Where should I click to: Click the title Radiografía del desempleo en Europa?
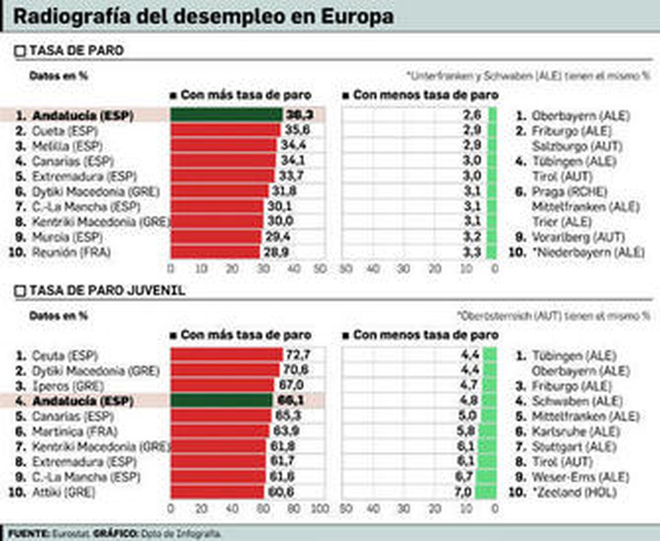203,16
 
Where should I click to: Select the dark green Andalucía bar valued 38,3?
226,115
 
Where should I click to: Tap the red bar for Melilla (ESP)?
223,145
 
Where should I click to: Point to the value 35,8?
297,130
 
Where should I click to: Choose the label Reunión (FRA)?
71,252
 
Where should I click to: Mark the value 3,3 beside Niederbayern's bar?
472,252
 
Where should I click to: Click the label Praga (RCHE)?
569,192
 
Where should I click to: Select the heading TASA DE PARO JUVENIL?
107,291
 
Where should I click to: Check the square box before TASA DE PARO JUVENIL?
20,292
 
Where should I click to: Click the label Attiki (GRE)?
64,492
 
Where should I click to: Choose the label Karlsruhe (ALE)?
576,432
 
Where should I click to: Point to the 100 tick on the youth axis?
320,509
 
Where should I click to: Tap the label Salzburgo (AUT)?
577,146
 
